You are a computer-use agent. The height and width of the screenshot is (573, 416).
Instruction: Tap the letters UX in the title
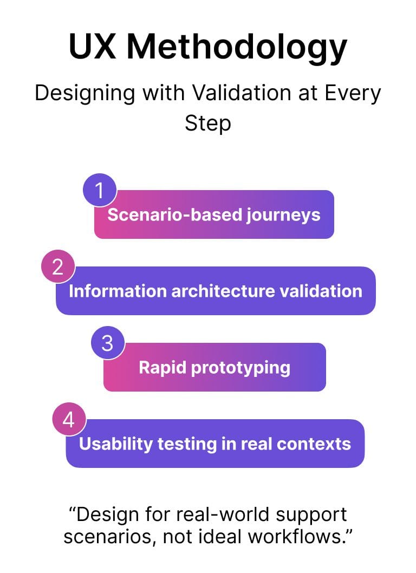(93, 46)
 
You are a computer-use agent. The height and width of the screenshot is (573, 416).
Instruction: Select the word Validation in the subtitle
(242, 93)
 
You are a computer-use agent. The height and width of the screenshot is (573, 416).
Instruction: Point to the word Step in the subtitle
(207, 124)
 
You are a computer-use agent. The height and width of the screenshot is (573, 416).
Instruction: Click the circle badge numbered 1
(100, 191)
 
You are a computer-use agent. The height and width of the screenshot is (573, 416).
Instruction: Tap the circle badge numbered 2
(58, 267)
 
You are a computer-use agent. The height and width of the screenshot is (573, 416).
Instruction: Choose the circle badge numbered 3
(107, 343)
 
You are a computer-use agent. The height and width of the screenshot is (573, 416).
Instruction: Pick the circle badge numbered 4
(69, 420)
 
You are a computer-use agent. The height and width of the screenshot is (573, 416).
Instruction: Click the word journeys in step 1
(283, 216)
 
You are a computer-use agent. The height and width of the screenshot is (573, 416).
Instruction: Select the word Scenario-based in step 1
(175, 214)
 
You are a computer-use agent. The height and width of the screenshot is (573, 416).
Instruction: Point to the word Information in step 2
(118, 291)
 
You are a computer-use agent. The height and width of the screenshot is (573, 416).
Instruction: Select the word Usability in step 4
(115, 444)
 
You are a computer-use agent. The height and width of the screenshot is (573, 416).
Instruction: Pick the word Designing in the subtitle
(85, 94)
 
